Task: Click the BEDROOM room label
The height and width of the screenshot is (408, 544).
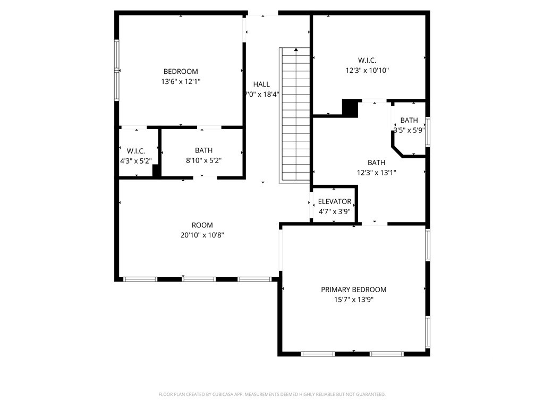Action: tap(181, 72)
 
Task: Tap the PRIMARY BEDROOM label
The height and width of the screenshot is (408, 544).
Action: tap(353, 290)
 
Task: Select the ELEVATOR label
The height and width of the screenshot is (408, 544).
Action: tap(335, 201)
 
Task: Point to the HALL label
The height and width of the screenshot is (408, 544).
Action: tap(261, 84)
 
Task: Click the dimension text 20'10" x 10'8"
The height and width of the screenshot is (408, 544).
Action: tap(202, 235)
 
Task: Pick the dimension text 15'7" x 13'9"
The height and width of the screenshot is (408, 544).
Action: tap(353, 300)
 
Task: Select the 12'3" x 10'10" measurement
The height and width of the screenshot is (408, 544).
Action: tap(367, 71)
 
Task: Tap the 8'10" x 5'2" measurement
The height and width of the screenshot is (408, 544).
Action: tap(203, 160)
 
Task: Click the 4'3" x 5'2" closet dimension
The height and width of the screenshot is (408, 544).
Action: tap(136, 161)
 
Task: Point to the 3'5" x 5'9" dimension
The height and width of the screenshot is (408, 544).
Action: tap(410, 131)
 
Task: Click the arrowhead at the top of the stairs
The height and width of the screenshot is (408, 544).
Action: tap(296, 49)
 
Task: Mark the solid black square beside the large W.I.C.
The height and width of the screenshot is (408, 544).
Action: tap(350, 108)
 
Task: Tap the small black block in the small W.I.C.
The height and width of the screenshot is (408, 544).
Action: tap(156, 171)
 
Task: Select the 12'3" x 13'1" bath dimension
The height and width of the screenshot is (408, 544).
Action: tap(377, 173)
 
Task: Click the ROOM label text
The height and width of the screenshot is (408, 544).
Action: tap(202, 225)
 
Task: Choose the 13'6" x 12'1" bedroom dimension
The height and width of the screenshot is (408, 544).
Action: tap(181, 82)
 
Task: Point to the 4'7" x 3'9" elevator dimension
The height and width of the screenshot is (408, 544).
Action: tap(335, 211)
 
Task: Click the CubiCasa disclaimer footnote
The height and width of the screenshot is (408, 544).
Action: tap(272, 395)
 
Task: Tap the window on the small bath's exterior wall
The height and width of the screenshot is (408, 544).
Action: tap(428, 132)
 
